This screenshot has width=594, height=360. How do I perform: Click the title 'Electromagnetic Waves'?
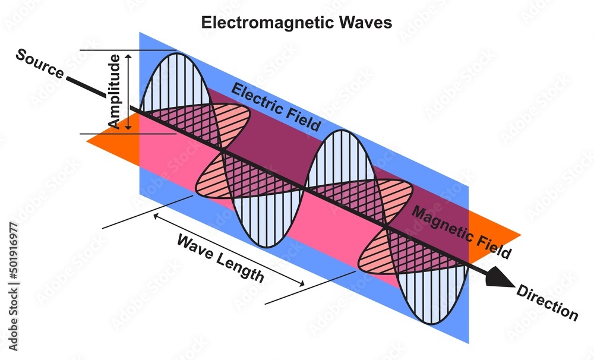(x=296, y=23)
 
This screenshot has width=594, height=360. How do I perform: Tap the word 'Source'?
(x=39, y=64)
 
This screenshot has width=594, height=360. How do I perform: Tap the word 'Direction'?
(x=547, y=302)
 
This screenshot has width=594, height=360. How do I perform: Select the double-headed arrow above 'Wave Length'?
(x=229, y=250)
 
